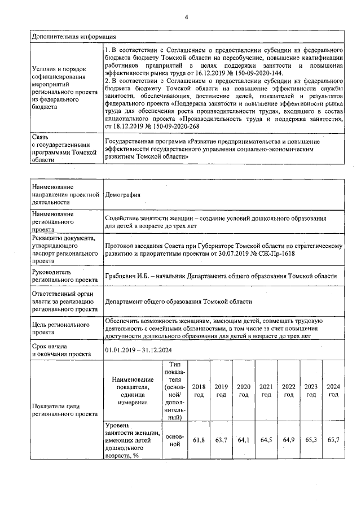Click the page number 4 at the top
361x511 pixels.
pyautogui.click(x=186, y=18)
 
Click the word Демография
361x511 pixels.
pyautogui.click(x=122, y=195)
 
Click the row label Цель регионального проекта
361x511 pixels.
pyautogui.click(x=61, y=329)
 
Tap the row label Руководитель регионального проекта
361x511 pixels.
pyautogui.click(x=62, y=276)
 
